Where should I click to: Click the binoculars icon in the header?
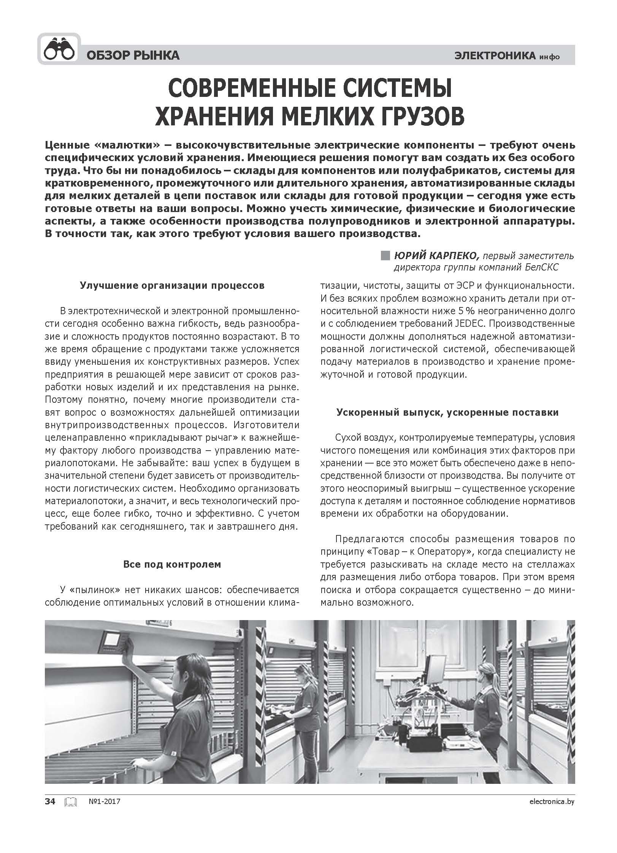click(x=59, y=50)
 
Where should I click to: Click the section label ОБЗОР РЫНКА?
click(x=133, y=56)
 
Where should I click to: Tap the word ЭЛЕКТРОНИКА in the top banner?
click(x=494, y=56)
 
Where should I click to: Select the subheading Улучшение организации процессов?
click(x=172, y=285)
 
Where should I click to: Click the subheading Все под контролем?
click(x=172, y=564)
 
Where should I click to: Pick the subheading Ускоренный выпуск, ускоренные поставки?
click(x=447, y=412)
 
